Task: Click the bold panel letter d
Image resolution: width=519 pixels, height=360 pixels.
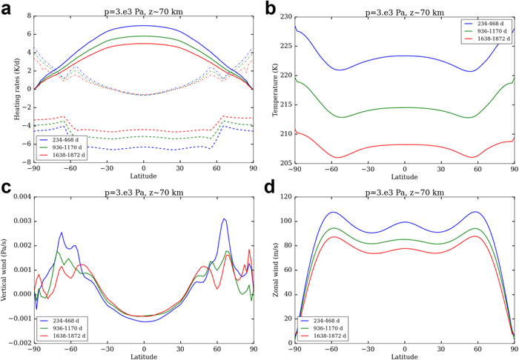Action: pos(269,187)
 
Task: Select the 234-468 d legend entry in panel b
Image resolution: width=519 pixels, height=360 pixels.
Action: pos(486,24)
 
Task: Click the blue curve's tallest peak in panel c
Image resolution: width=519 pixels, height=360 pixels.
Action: pos(223,219)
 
